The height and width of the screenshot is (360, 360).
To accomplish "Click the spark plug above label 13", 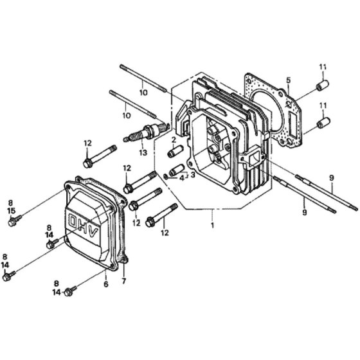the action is click(147, 132).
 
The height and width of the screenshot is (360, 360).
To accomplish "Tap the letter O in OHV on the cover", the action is click(74, 221).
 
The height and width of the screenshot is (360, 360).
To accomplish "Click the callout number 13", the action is click(143, 152).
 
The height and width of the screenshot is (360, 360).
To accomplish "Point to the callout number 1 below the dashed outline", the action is click(212, 225).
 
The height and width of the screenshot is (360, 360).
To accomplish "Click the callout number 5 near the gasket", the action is click(289, 80).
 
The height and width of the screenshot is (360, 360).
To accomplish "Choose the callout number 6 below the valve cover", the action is click(105, 284).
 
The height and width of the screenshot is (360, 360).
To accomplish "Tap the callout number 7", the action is click(124, 281).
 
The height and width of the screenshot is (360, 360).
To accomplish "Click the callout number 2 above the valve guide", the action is click(174, 139).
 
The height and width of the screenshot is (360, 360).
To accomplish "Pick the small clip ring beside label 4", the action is click(166, 176).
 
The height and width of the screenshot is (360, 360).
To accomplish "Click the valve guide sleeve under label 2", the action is click(176, 151).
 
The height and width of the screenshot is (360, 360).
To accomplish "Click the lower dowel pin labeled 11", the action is click(323, 123).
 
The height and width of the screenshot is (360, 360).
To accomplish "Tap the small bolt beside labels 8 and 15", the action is click(14, 221).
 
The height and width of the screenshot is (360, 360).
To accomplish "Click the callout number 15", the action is click(12, 211).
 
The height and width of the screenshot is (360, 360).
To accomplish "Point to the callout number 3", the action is click(193, 175).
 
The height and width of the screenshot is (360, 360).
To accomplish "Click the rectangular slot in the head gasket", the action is click(294, 124).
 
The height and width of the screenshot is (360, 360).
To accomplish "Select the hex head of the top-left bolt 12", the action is click(87, 163).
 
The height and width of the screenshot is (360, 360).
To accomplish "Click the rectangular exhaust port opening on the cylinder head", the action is click(253, 158).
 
